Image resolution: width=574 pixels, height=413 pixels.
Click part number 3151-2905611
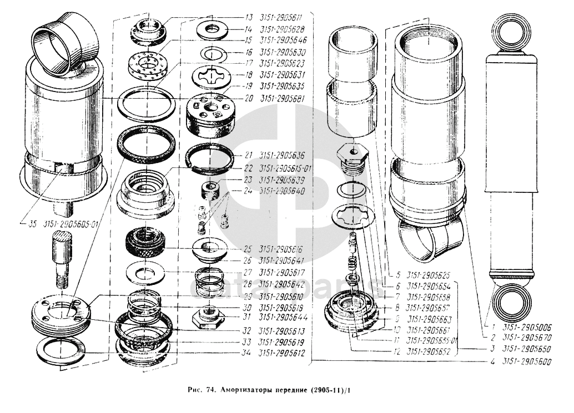[x=284, y=17]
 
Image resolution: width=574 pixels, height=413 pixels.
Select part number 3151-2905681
[x=284, y=98]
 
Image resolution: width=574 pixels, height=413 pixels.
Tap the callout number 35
[x=32, y=224]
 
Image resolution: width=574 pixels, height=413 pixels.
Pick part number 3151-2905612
[x=284, y=353]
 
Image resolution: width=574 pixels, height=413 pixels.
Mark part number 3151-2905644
[x=284, y=317]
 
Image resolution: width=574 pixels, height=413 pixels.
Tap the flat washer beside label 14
[x=213, y=28]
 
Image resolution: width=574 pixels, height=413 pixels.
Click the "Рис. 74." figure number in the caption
[x=196, y=390]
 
